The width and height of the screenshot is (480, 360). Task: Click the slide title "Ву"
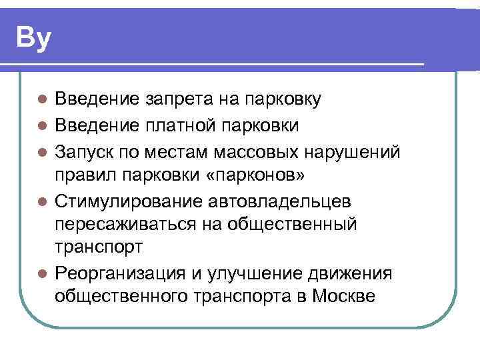click(x=33, y=38)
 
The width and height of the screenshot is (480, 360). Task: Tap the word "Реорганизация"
click(x=119, y=273)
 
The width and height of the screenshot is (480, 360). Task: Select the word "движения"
click(x=351, y=273)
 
